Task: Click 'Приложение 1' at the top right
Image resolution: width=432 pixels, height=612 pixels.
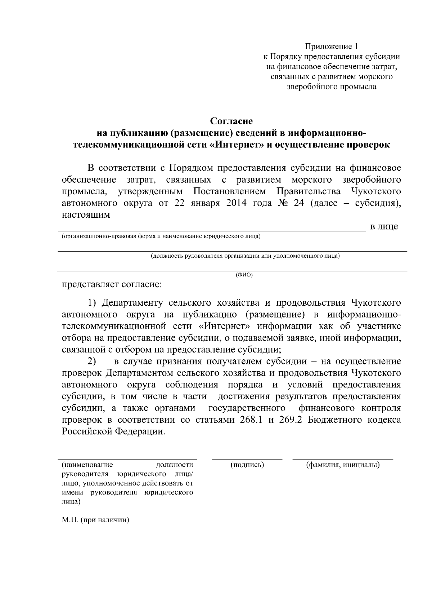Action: click(332, 46)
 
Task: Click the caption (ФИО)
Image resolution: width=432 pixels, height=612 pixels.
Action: click(244, 275)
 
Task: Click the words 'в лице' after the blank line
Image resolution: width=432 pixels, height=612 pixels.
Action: click(384, 227)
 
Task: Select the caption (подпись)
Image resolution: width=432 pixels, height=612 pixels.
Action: click(247, 465)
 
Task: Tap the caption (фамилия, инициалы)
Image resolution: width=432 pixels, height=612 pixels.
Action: click(343, 465)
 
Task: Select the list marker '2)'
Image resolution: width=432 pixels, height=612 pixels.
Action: click(93, 361)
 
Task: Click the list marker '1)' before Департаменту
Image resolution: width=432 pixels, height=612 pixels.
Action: click(93, 302)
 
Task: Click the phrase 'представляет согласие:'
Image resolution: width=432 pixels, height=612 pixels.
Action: click(112, 284)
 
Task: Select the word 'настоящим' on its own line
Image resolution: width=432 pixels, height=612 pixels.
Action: click(86, 215)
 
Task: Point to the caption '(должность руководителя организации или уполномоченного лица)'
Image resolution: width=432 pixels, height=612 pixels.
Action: click(245, 256)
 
